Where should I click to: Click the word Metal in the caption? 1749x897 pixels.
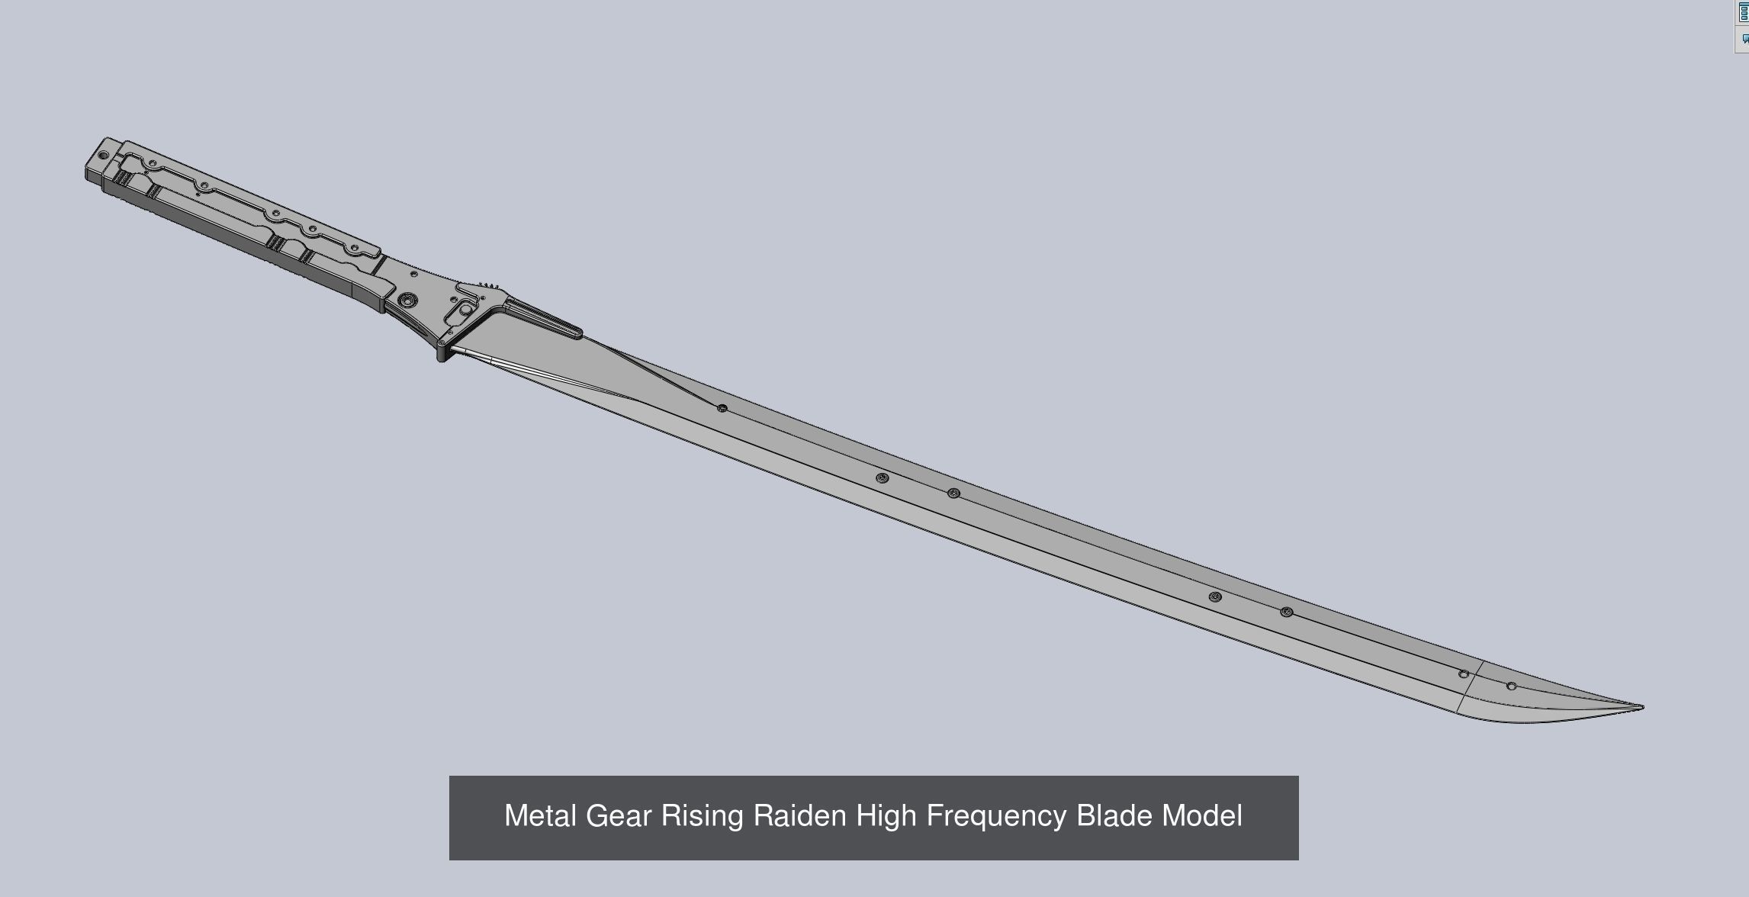pos(541,816)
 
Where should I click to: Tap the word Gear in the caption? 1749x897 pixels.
pos(619,816)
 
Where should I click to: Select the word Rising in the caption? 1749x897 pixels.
pos(702,816)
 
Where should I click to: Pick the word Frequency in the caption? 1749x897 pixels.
pos(996,816)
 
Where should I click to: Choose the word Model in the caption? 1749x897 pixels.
pos(1202,816)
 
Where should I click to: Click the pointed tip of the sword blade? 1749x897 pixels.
pos(1641,707)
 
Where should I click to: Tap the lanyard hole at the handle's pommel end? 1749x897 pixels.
pos(104,155)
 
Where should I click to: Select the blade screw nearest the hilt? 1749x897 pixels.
pos(722,408)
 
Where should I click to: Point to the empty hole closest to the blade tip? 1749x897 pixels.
pos(1512,686)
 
